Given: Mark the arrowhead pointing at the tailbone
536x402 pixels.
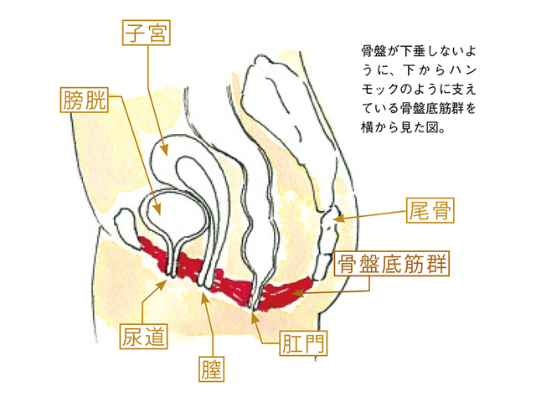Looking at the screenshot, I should [x=335, y=219].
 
